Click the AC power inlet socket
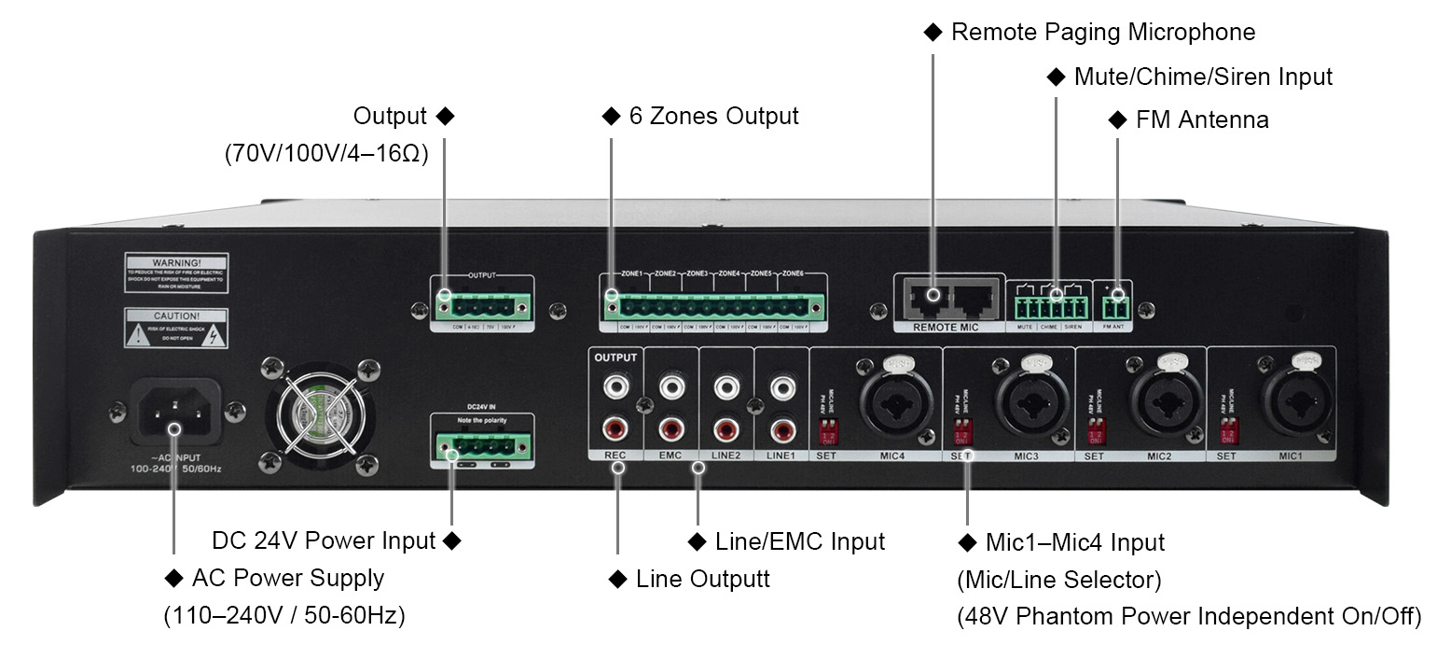point(173,411)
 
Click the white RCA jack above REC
point(615,385)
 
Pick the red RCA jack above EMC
point(670,430)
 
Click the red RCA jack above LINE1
point(781,430)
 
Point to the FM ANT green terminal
point(1116,306)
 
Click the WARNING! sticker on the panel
point(176,272)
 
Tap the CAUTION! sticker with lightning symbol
point(176,329)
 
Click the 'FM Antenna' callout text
point(1201,120)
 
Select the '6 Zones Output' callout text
point(712,117)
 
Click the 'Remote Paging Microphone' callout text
point(1102,33)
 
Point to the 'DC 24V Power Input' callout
point(324,541)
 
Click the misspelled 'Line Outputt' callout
point(702,580)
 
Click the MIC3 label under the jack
point(1026,456)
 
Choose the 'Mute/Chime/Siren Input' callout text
point(1202,77)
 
